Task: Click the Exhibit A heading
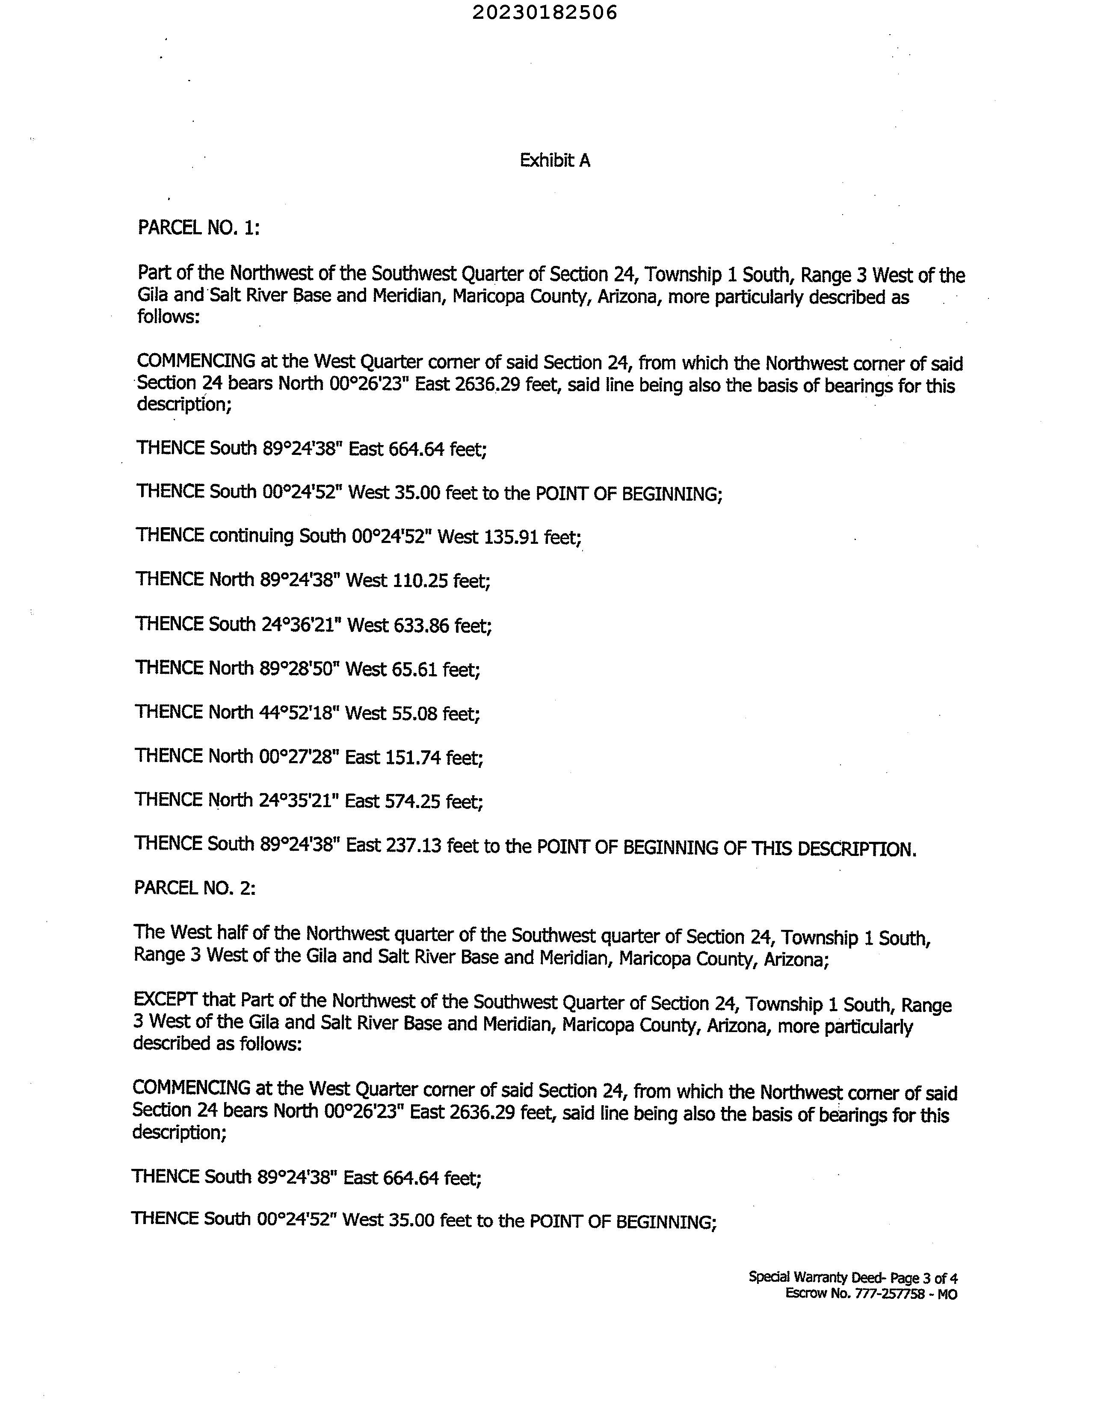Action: point(555,161)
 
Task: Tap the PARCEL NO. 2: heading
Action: point(195,888)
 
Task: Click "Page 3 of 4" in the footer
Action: point(924,1278)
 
